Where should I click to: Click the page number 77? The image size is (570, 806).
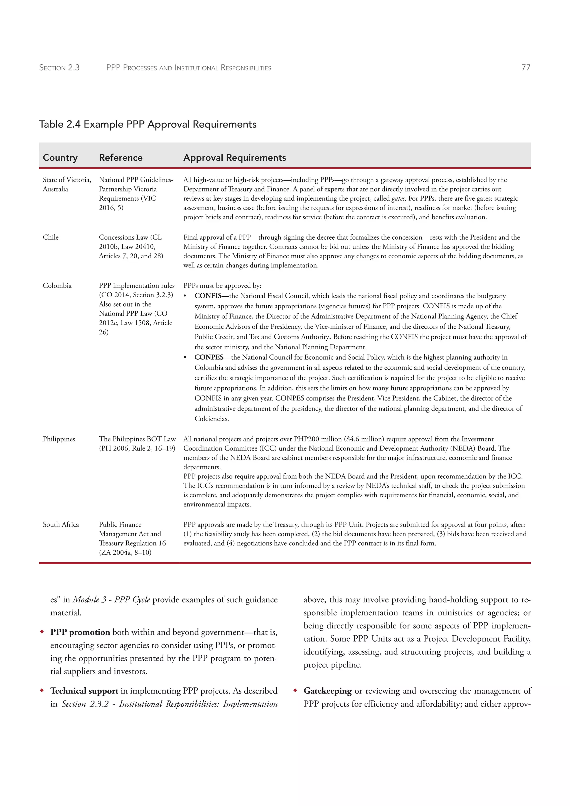[x=525, y=67]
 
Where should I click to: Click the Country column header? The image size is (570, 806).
[x=60, y=158]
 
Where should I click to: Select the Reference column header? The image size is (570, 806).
[x=121, y=158]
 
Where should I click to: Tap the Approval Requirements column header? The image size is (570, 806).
[x=234, y=158]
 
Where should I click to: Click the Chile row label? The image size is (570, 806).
[x=51, y=237]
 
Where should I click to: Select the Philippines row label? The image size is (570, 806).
[x=59, y=439]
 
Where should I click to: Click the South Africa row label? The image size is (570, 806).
[x=61, y=524]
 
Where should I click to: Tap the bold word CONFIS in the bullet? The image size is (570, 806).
[x=208, y=296]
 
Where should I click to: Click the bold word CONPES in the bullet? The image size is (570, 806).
[x=209, y=357]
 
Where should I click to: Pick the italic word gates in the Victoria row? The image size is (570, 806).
[x=398, y=198]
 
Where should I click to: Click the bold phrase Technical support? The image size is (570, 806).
[x=84, y=690]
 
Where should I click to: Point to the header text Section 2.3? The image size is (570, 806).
[x=59, y=68]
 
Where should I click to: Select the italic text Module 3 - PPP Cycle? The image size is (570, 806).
[x=111, y=599]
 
